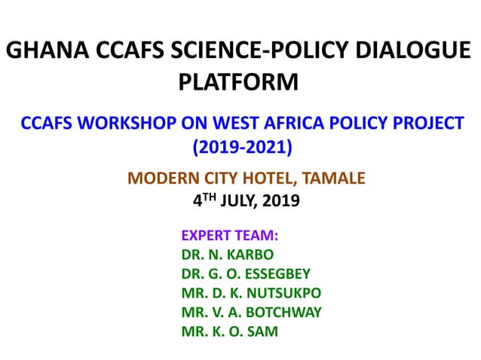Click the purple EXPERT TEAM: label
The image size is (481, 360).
click(x=225, y=235)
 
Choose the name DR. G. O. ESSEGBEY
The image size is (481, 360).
click(x=246, y=273)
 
